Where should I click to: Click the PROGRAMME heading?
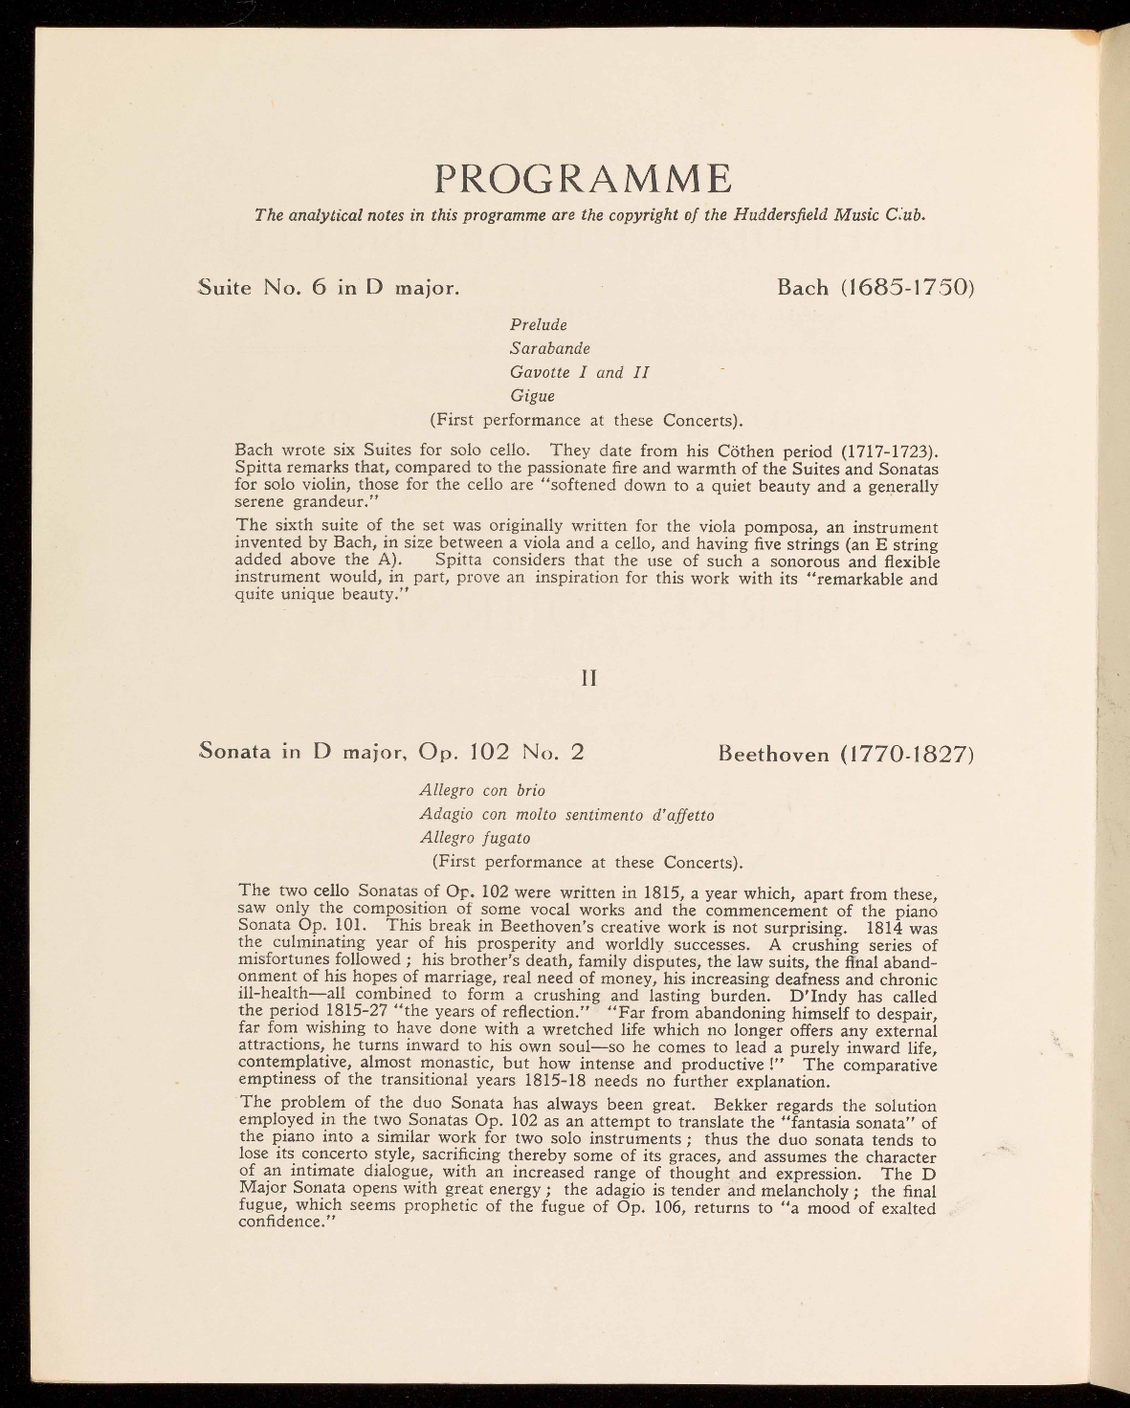[x=584, y=179]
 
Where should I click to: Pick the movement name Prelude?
[x=538, y=325]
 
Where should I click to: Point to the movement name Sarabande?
[x=549, y=348]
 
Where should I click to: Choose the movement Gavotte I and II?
[x=579, y=372]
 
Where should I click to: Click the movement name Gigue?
[x=532, y=395]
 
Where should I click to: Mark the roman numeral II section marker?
[x=589, y=677]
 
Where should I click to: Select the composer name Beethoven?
[x=774, y=754]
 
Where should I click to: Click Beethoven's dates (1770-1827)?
[x=906, y=754]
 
